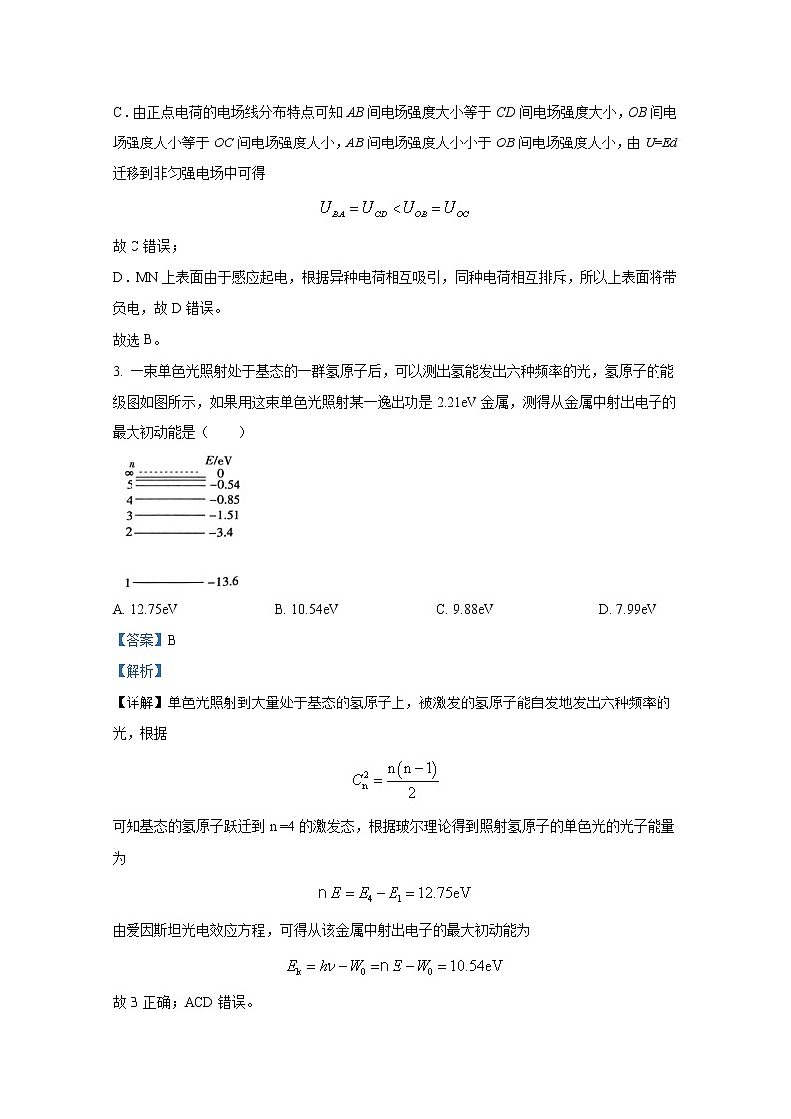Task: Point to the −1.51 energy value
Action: (225, 516)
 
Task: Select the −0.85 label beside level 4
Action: (225, 499)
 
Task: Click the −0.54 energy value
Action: (225, 485)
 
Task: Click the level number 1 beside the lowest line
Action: (128, 582)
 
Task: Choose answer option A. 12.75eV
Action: (137, 609)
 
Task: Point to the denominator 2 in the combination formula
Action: (411, 793)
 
